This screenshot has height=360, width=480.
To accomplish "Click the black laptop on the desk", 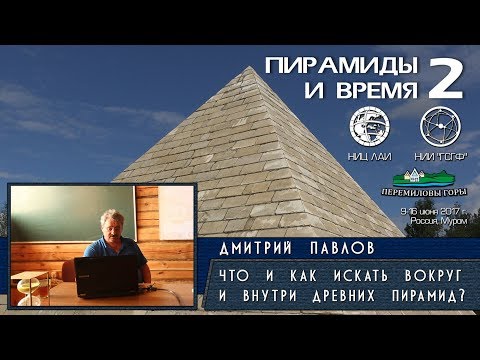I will (105, 275).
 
